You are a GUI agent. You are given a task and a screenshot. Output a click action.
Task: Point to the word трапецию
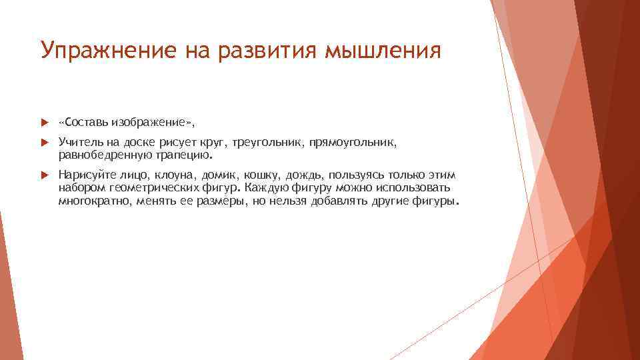190,155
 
